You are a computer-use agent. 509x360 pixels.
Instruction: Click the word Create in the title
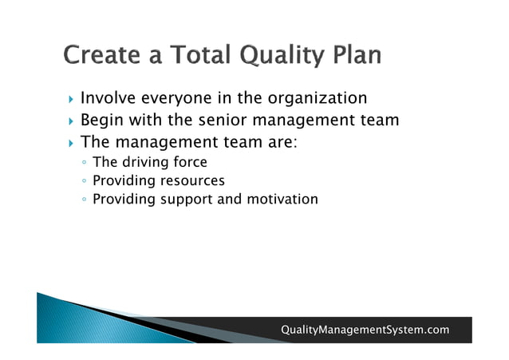coord(99,55)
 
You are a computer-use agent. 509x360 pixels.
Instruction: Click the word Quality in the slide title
coord(279,57)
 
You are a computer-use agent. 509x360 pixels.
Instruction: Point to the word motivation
coord(284,199)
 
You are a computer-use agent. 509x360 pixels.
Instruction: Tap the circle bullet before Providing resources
coord(85,181)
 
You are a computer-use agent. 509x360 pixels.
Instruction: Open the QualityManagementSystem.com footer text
coord(365,330)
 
